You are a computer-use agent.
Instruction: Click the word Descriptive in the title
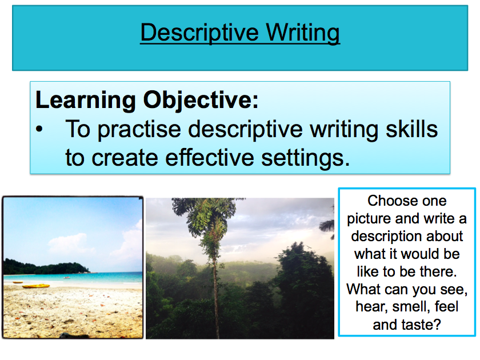coord(199,33)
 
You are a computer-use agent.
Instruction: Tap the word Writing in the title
coord(303,33)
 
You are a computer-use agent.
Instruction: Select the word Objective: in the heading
coord(201,101)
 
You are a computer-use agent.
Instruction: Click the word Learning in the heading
coord(85,101)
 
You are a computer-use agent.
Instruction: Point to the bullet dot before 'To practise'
coord(39,129)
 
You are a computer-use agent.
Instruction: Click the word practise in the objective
coord(139,130)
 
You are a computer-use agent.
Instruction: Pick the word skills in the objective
coord(412,129)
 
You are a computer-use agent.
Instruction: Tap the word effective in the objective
coord(210,158)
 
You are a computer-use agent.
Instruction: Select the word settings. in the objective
coord(306,158)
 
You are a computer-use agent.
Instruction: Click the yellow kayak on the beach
coord(36,286)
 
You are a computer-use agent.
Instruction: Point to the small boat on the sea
coord(66,278)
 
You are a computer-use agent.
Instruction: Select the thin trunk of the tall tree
coord(215,294)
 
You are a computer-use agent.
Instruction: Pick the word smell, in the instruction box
coord(411,306)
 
